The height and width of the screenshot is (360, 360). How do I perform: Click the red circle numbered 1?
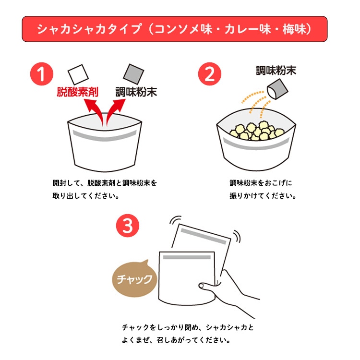(42, 74)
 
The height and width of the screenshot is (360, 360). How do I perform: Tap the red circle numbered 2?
(210, 74)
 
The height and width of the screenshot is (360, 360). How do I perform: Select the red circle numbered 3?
(128, 226)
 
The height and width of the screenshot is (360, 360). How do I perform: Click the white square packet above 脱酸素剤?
(78, 74)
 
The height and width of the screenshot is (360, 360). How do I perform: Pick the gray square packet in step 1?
(133, 74)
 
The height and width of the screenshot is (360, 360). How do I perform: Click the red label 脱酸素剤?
(77, 92)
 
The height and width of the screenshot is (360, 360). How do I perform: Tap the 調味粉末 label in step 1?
(136, 92)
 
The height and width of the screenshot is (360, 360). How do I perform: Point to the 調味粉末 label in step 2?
(276, 71)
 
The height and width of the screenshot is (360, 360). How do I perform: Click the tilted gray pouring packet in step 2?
(277, 89)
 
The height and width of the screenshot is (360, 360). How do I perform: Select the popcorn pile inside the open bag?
(257, 131)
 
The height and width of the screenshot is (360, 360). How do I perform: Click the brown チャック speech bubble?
(134, 278)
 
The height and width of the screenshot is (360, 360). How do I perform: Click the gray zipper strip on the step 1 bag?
(105, 136)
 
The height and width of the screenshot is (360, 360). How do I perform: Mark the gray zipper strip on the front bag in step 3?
(187, 257)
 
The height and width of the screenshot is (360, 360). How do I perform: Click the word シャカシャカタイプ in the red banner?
(89, 29)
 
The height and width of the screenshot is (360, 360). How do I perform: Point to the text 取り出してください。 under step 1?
(85, 196)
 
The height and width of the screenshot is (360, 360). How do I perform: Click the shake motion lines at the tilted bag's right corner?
(237, 237)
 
